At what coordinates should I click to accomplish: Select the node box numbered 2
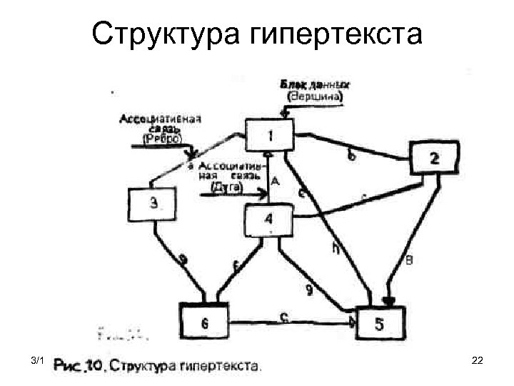click(434, 158)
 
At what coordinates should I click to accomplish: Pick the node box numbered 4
click(268, 219)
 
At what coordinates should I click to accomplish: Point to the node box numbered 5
click(380, 322)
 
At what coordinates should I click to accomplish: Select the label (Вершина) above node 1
click(315, 95)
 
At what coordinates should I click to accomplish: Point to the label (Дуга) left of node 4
click(227, 187)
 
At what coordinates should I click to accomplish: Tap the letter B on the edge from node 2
click(408, 259)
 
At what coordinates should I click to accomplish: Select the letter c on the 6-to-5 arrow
click(284, 319)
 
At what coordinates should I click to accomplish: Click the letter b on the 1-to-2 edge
click(349, 154)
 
